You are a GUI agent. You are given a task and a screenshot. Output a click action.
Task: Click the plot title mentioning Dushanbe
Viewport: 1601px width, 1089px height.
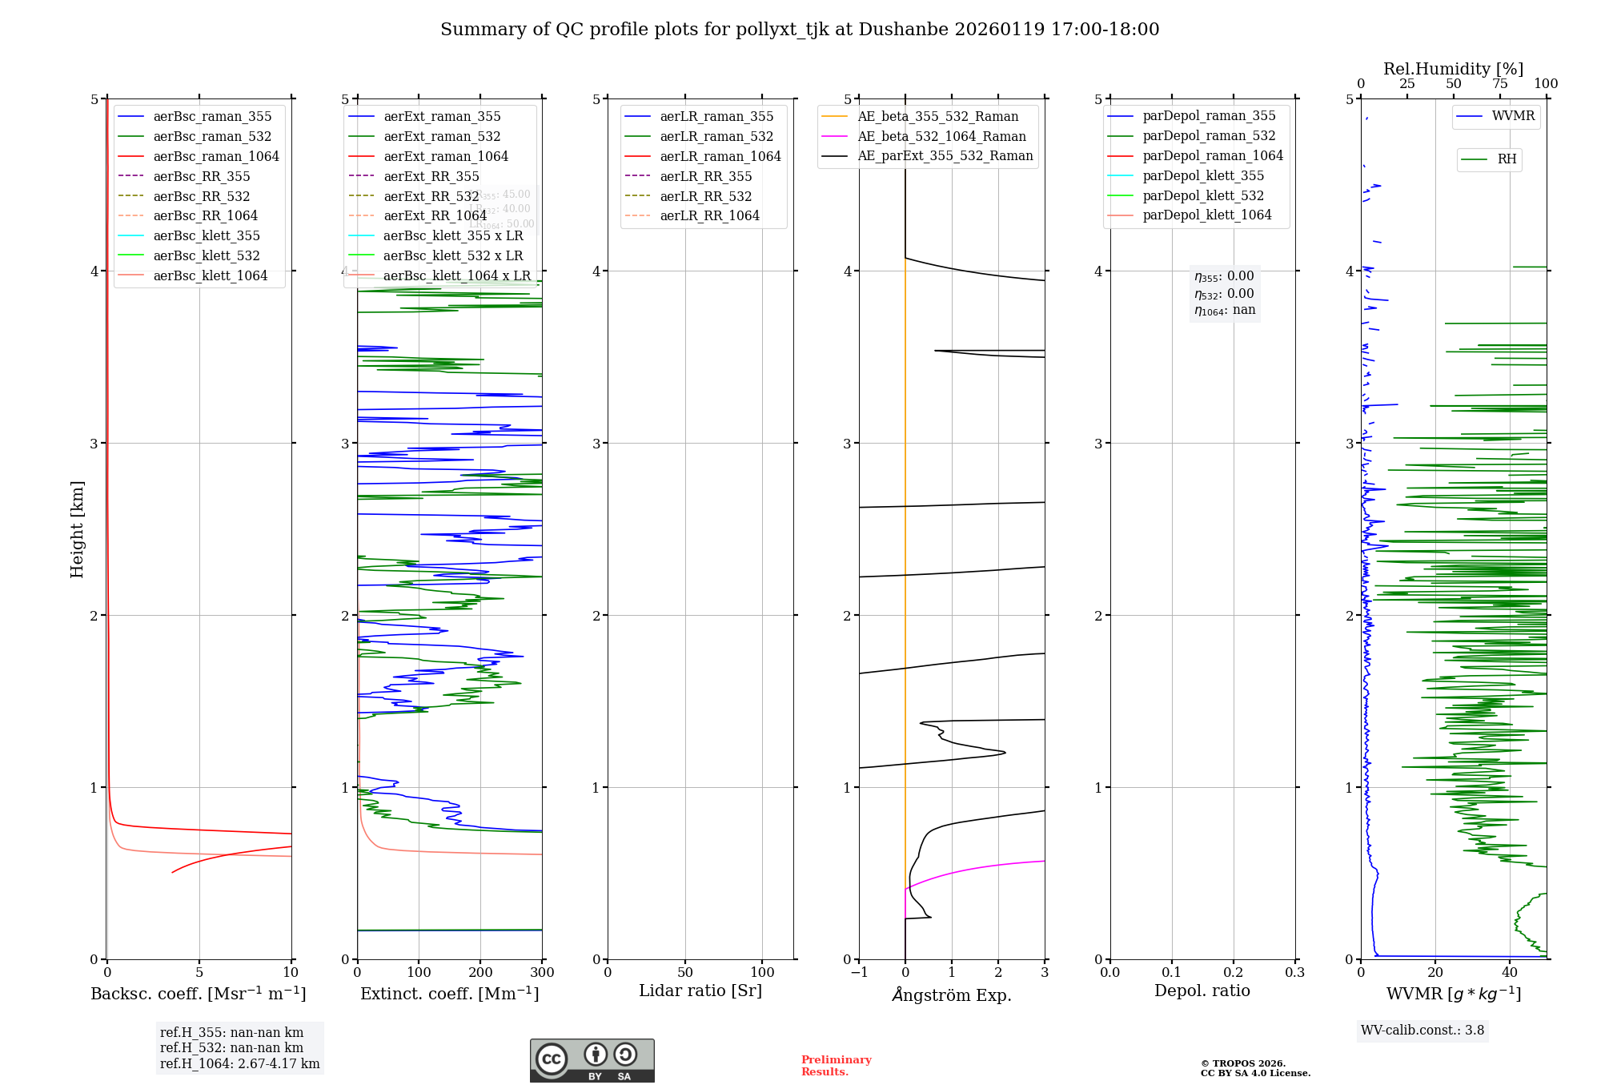800,30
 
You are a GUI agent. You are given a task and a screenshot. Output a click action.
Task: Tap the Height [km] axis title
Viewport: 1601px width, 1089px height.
77,529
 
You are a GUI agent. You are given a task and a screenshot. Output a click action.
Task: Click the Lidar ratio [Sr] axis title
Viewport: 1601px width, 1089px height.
700,991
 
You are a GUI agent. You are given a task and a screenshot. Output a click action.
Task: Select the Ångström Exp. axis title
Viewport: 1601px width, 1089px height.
952,995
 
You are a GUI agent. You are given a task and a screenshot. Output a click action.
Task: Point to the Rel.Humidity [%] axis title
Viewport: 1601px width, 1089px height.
1453,69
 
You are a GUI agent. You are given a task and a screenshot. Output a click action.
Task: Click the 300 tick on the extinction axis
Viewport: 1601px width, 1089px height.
542,973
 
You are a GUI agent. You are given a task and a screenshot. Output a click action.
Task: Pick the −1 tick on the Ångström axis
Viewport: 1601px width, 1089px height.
859,973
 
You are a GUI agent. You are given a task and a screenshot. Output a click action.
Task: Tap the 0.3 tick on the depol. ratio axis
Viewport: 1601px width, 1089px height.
1294,973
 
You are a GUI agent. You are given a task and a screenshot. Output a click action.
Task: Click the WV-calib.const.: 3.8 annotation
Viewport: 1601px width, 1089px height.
1422,1031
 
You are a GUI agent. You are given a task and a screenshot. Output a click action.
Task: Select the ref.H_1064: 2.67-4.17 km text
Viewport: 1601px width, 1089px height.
239,1064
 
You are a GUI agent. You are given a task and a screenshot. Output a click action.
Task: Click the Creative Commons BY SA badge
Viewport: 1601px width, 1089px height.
592,1061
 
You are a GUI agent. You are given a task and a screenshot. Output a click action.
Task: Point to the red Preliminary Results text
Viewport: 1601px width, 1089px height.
836,1066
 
